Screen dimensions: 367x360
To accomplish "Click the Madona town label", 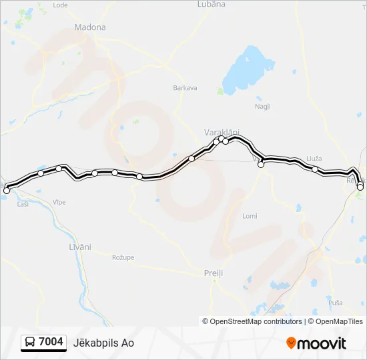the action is pyautogui.click(x=91, y=27).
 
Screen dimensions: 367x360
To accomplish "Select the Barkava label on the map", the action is pyautogui.click(x=185, y=87).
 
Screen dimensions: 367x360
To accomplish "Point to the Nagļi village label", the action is pyautogui.click(x=262, y=106).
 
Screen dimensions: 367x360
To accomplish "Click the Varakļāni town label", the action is pyautogui.click(x=222, y=132).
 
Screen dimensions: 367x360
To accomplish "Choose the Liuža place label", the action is pyautogui.click(x=314, y=158).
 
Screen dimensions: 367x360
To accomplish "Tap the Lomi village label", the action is pyautogui.click(x=250, y=216).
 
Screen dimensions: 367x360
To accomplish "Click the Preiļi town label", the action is pyautogui.click(x=213, y=273).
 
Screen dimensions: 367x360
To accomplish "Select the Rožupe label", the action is pyautogui.click(x=123, y=257).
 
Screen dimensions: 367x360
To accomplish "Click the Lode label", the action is pyautogui.click(x=60, y=5).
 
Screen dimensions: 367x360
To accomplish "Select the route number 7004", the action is pyautogui.click(x=51, y=342).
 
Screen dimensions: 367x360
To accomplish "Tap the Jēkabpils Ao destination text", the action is pyautogui.click(x=109, y=343).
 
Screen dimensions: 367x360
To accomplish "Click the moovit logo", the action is pyautogui.click(x=316, y=343).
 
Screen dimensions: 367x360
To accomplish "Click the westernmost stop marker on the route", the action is pyautogui.click(x=7, y=191).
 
